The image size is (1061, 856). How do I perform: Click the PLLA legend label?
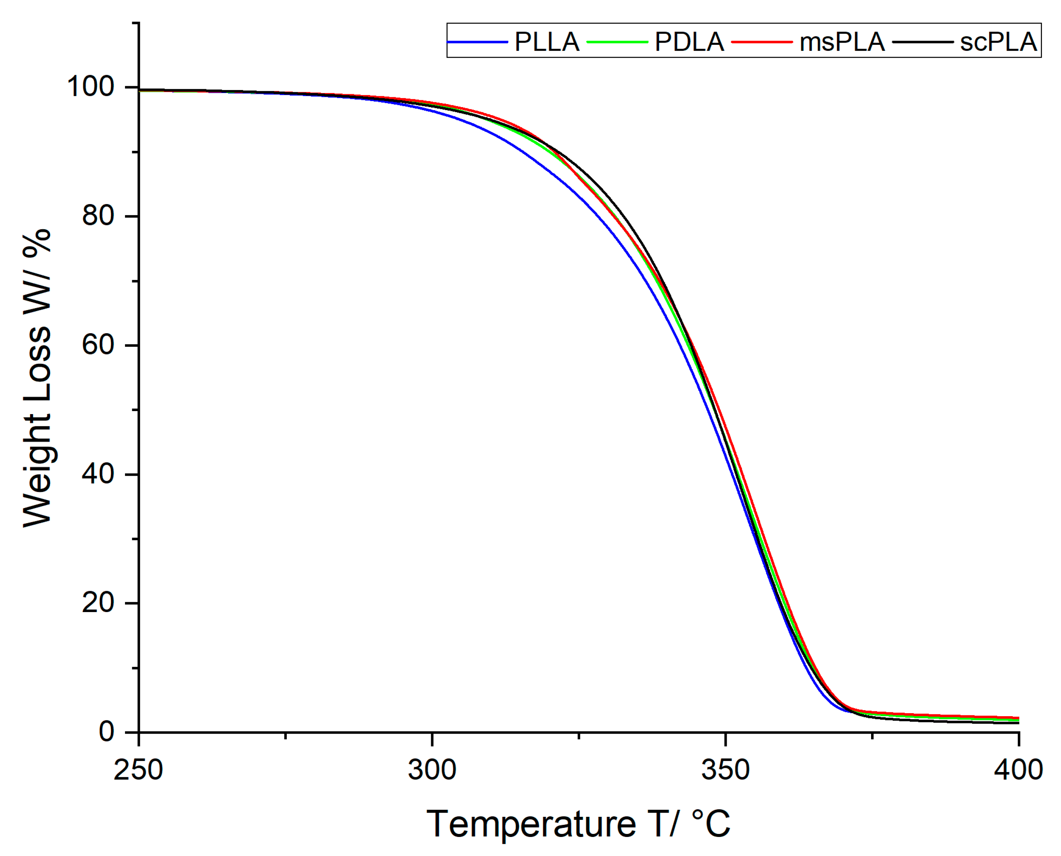pos(547,42)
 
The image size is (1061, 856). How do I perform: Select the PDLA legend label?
pos(689,42)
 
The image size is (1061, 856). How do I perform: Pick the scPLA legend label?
pos(998,42)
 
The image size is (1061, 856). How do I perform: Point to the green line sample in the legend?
pos(617,42)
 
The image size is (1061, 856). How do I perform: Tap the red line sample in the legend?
pos(762,42)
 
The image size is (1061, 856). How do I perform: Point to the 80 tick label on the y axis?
pos(98,215)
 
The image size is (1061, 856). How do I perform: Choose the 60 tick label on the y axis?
pos(98,345)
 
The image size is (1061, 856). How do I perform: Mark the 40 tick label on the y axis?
pos(98,474)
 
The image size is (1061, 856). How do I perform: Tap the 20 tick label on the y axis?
pos(98,603)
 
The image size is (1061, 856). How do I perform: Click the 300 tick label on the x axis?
pos(432,770)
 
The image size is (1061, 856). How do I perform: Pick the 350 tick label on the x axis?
pos(725,770)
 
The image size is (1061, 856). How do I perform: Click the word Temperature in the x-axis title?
pos(531,824)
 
